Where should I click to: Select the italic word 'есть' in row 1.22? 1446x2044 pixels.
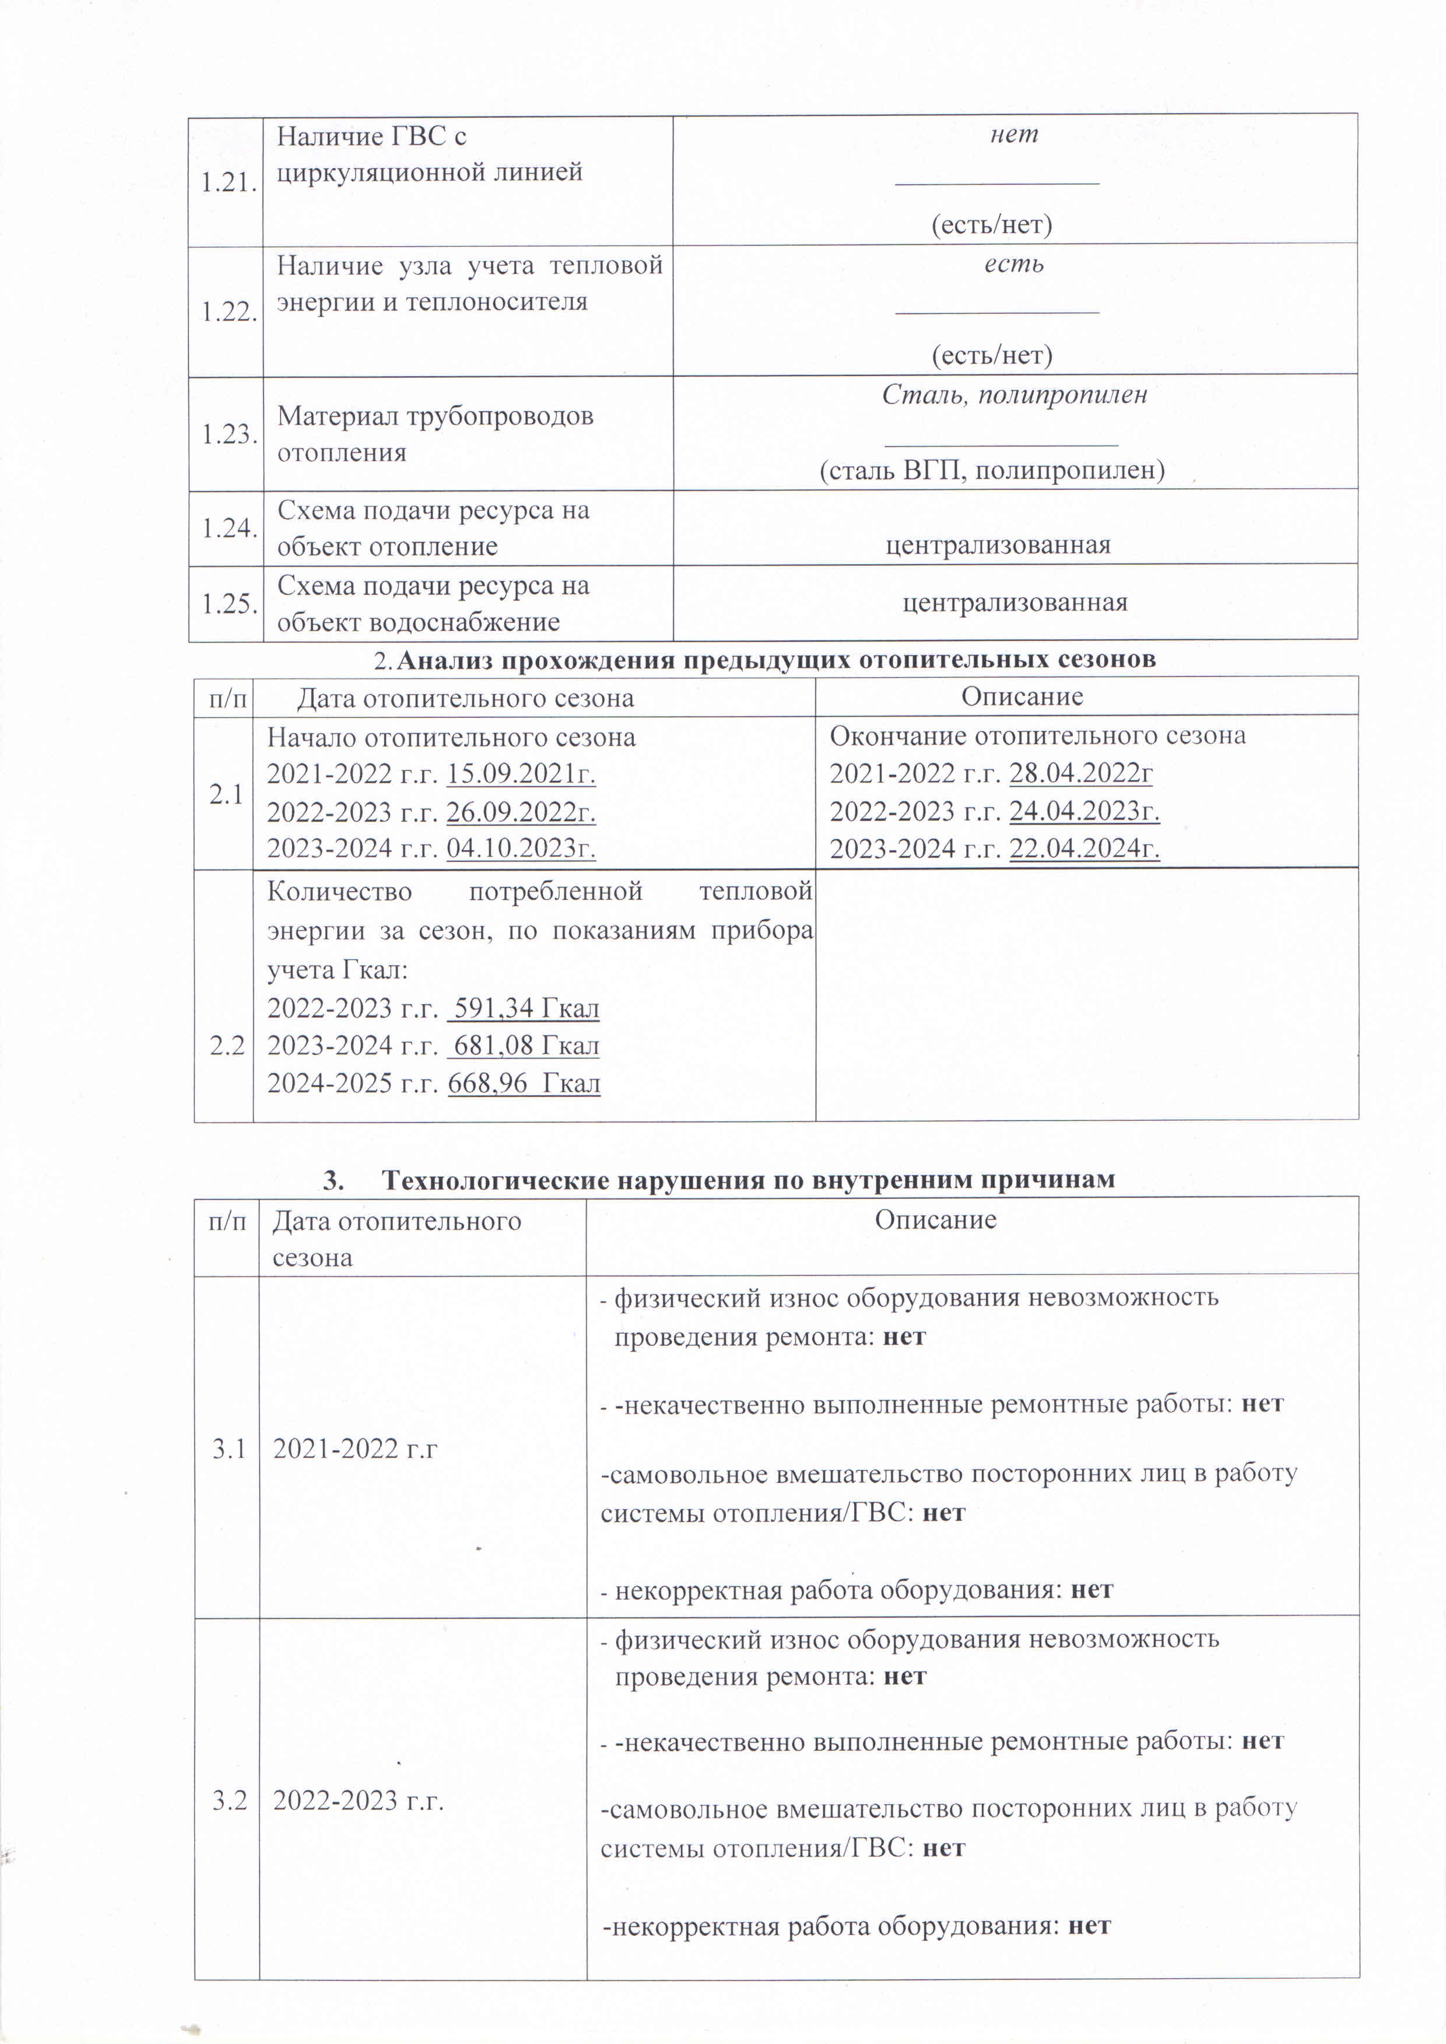coord(1014,265)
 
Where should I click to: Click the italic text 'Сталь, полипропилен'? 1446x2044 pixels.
coord(1014,395)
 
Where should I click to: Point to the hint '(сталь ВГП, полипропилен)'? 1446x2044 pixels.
coord(992,469)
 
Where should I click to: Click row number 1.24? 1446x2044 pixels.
coord(229,528)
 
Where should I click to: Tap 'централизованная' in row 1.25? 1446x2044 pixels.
coord(1015,603)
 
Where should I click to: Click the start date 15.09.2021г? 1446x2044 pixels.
coord(521,774)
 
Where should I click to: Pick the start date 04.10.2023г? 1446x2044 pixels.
coord(521,848)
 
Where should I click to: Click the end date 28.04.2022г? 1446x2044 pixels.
coord(1081,773)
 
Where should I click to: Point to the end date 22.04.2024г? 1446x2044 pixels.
coord(1084,849)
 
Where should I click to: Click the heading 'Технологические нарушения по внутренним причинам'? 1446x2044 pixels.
coord(748,1180)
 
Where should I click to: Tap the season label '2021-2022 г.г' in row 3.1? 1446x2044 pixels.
coord(355,1449)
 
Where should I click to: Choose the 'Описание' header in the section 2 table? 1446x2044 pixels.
coord(1022,696)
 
